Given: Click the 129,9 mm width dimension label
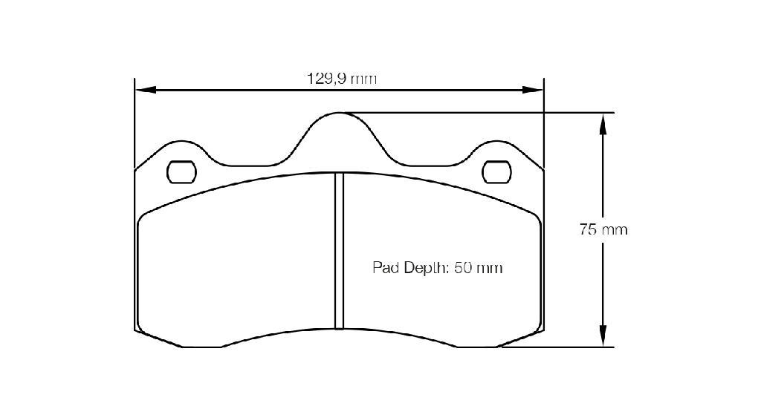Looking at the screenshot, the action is click(x=342, y=79).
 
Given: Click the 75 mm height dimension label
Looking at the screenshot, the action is click(x=603, y=229).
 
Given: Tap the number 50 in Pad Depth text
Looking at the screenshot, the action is click(x=463, y=267).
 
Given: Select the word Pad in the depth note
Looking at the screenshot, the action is click(x=386, y=267).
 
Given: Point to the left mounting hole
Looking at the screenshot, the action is click(x=181, y=172).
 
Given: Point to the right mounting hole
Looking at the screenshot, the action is click(x=496, y=172).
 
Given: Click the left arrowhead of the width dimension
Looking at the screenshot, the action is click(x=145, y=90).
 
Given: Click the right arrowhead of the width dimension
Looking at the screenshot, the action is click(x=533, y=90).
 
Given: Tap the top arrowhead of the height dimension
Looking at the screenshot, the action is click(x=603, y=123).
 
